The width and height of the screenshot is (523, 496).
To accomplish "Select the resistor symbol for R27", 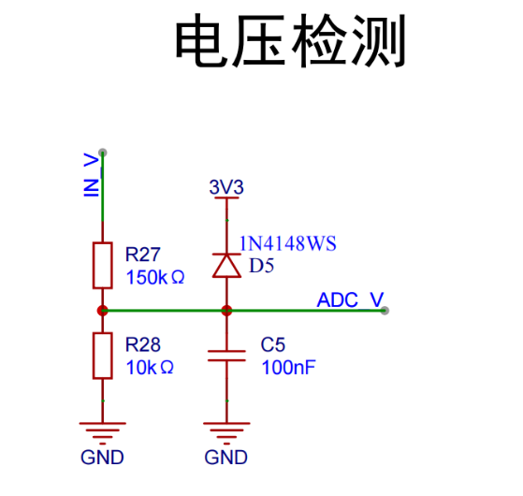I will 103,265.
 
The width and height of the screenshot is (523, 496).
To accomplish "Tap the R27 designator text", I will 143,254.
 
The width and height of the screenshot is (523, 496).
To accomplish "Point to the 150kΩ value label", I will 154,277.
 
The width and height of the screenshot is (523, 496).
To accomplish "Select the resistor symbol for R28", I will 103,356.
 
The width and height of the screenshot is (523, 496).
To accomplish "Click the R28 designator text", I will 143,344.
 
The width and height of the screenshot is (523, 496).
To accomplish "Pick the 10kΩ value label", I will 150,368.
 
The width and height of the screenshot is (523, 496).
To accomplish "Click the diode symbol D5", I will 225,266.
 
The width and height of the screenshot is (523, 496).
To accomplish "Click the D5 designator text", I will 261,266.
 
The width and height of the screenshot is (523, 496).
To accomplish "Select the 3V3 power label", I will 225,188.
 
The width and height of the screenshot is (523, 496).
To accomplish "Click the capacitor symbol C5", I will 225,356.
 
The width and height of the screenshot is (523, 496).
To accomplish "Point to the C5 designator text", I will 272,344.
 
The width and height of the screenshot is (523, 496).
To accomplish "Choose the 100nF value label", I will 288,368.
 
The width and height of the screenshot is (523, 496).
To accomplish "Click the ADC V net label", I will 350,300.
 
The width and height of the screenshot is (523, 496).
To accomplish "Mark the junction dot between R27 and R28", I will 103,311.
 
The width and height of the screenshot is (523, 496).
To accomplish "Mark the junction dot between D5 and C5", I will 225,311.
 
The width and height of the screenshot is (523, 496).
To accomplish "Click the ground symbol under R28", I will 103,431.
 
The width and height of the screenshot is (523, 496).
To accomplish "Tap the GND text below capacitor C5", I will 225,458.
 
